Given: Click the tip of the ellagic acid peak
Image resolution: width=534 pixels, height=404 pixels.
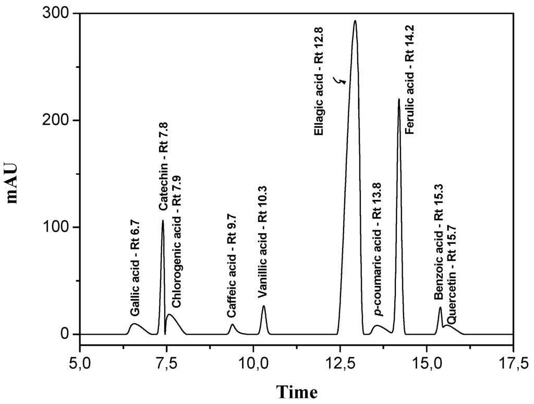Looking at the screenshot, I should [x=355, y=21].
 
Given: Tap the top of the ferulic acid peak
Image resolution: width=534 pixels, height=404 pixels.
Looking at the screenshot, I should [x=399, y=99].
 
